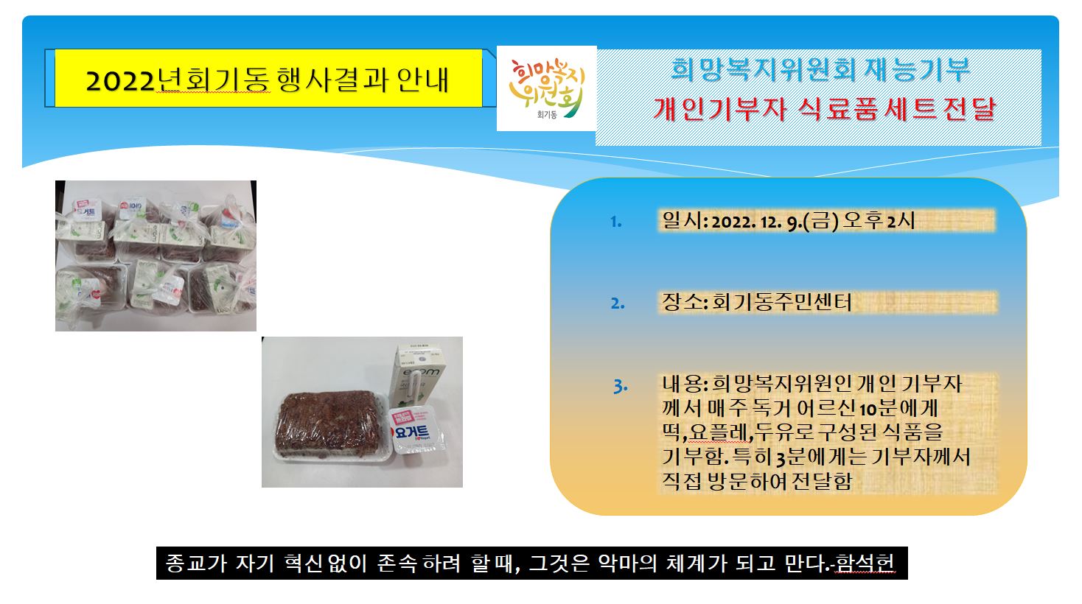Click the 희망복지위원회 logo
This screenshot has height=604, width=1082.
point(546,88)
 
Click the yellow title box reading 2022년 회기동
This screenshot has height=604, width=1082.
point(268,78)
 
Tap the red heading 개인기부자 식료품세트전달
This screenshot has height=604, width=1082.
point(823,109)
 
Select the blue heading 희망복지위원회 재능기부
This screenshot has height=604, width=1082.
point(820,69)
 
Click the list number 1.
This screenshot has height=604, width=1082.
point(616,222)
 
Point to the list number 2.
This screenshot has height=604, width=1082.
point(618,303)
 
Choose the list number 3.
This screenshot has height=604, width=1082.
point(620,386)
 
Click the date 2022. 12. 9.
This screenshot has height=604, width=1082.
point(756,222)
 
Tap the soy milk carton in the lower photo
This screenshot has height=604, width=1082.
point(419,377)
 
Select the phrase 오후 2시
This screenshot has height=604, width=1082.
point(879,221)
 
